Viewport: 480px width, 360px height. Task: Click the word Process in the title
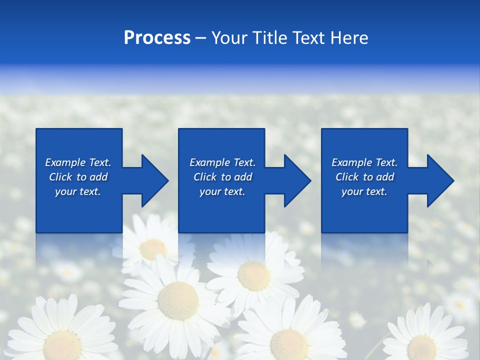click(157, 38)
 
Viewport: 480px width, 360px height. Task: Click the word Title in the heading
click(269, 38)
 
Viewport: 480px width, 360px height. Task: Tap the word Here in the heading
click(348, 38)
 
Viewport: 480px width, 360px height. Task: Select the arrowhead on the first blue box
click(153, 181)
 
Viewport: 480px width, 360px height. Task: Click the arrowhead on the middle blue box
click(296, 181)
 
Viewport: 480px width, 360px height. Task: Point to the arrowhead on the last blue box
click(439, 181)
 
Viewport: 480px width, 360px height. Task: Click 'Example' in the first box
click(65, 162)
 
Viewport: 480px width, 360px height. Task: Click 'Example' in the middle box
click(209, 162)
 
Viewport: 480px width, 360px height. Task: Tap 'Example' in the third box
click(351, 162)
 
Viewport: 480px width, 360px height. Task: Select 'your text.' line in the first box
click(78, 191)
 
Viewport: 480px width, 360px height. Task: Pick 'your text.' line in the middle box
click(222, 191)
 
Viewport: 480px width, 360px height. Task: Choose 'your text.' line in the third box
click(364, 191)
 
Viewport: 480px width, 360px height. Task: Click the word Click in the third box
click(347, 177)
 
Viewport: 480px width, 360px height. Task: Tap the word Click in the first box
click(60, 177)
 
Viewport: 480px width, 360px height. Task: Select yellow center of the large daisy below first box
click(177, 300)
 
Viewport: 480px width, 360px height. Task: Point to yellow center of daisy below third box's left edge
click(253, 275)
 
